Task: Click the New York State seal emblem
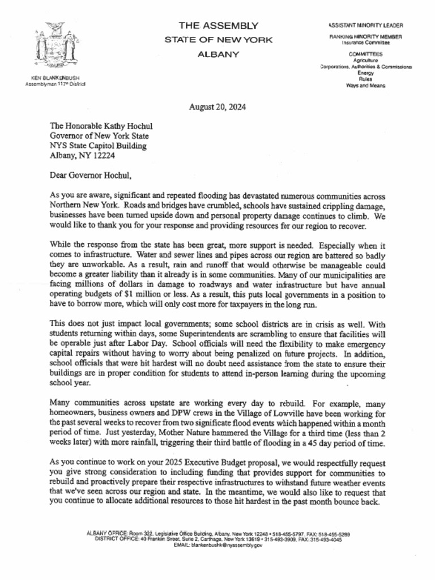[55, 45]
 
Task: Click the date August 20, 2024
[217, 107]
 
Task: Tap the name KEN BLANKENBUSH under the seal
[55, 78]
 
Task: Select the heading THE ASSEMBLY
[218, 25]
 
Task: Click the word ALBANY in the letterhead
[218, 54]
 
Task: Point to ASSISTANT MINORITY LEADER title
[366, 25]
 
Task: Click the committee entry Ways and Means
[365, 86]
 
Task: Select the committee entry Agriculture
[365, 60]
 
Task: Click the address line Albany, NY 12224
[82, 155]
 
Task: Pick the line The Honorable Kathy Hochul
[101, 126]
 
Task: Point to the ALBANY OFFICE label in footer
[107, 534]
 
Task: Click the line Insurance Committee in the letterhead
[365, 42]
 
